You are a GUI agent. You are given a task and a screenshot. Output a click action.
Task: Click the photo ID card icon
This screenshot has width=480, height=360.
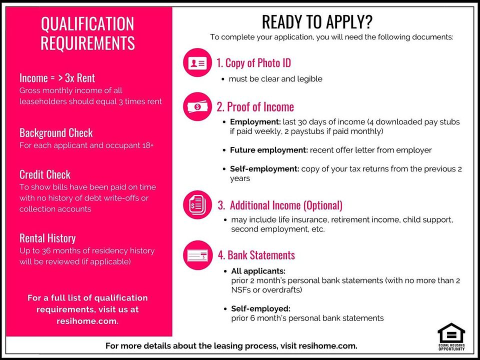coord(197,63)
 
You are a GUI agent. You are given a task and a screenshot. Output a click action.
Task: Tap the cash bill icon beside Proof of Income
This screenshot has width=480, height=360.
coord(197,106)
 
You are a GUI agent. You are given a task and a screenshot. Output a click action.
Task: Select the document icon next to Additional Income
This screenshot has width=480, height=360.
coord(197,205)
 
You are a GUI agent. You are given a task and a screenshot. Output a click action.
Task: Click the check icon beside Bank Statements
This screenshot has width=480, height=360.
coord(197,255)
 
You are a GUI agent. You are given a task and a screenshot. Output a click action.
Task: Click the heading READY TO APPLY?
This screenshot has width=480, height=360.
coord(317,22)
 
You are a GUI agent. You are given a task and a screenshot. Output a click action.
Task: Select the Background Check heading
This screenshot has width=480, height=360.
coord(56,133)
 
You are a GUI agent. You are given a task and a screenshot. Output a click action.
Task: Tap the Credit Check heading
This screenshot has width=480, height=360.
coord(45,175)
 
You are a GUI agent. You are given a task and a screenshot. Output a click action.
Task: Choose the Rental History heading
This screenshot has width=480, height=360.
coord(47,238)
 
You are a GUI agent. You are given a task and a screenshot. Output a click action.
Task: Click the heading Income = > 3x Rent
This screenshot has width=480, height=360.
coord(57,78)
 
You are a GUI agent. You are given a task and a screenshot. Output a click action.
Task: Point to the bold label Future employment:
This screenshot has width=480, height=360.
coord(269,150)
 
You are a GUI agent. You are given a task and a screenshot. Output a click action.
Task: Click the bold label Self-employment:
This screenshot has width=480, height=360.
coord(264,169)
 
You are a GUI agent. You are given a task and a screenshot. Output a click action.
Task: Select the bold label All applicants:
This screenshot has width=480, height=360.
coord(258,271)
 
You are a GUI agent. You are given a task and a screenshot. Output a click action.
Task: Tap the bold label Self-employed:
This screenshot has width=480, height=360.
coord(260,308)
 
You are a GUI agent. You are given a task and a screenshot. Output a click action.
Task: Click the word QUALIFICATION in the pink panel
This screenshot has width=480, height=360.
coord(87,24)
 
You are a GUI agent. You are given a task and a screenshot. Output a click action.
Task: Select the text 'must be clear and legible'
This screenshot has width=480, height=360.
coord(275,79)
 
